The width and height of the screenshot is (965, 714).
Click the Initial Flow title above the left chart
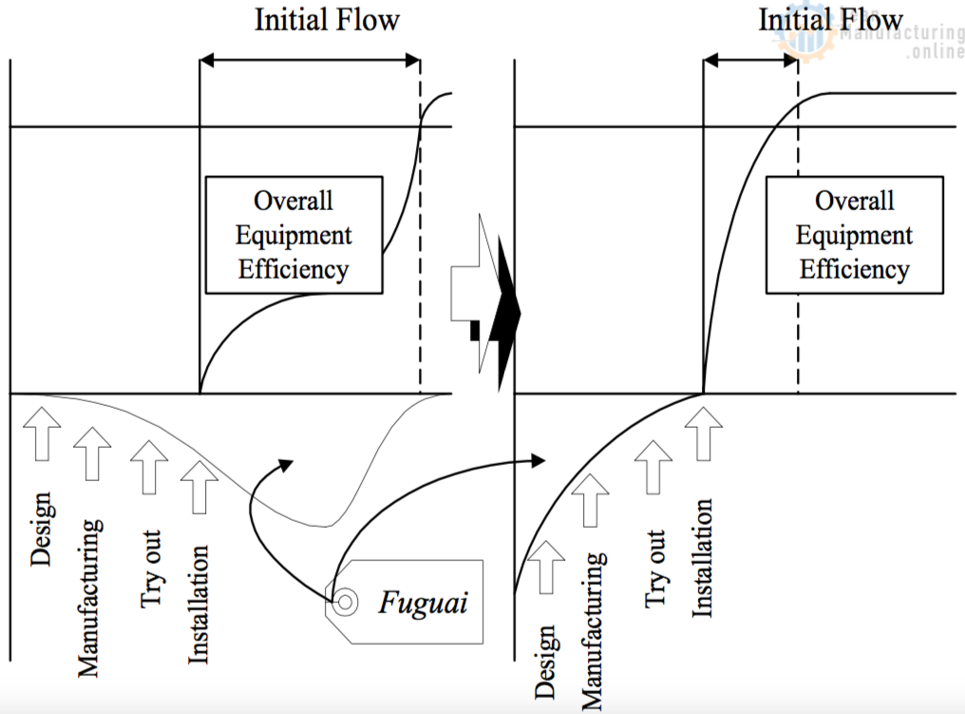click(x=327, y=20)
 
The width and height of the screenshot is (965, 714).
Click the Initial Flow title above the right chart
click(x=830, y=20)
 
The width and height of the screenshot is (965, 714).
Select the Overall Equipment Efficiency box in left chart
click(x=293, y=235)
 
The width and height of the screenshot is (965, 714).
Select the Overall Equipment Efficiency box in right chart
click(x=855, y=235)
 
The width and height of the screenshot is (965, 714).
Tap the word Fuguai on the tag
click(x=423, y=603)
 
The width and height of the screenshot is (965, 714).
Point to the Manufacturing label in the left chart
click(x=88, y=597)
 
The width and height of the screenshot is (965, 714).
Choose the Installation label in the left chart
click(x=199, y=603)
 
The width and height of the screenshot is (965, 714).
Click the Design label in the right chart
click(x=546, y=661)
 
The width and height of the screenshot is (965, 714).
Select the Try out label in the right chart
click(x=655, y=569)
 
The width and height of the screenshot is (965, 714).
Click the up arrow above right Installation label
click(x=703, y=434)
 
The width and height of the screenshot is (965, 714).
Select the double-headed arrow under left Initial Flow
click(x=310, y=61)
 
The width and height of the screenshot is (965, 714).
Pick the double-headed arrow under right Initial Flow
click(x=750, y=61)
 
